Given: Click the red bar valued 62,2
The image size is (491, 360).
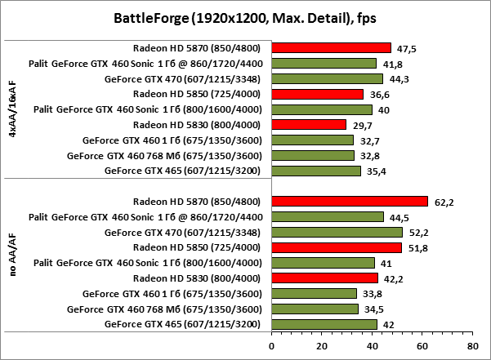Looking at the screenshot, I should [x=349, y=201].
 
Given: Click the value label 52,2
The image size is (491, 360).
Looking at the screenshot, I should [x=415, y=233].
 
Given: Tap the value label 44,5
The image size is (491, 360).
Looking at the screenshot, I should [x=396, y=217].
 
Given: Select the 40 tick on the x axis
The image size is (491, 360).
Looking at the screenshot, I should [x=372, y=345].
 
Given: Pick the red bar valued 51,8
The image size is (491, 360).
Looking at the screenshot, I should [x=336, y=247].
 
